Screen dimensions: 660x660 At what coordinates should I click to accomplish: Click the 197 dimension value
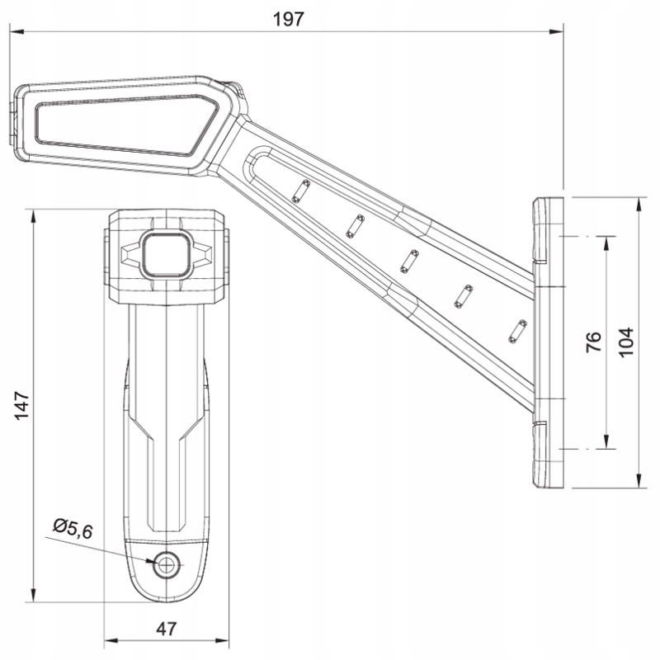click(288, 19)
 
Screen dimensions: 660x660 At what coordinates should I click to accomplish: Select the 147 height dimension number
click(22, 405)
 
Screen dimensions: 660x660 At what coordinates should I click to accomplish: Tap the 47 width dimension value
click(167, 629)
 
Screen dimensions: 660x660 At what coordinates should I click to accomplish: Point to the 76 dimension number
click(593, 342)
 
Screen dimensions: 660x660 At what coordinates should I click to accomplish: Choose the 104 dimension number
click(626, 342)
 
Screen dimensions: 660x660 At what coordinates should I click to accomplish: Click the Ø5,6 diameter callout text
click(73, 529)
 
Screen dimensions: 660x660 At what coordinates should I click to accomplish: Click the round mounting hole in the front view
click(167, 564)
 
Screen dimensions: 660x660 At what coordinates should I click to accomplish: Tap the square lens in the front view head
click(167, 255)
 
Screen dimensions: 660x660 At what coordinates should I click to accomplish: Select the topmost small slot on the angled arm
click(301, 191)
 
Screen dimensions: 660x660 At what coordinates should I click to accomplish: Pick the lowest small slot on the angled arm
click(518, 332)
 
